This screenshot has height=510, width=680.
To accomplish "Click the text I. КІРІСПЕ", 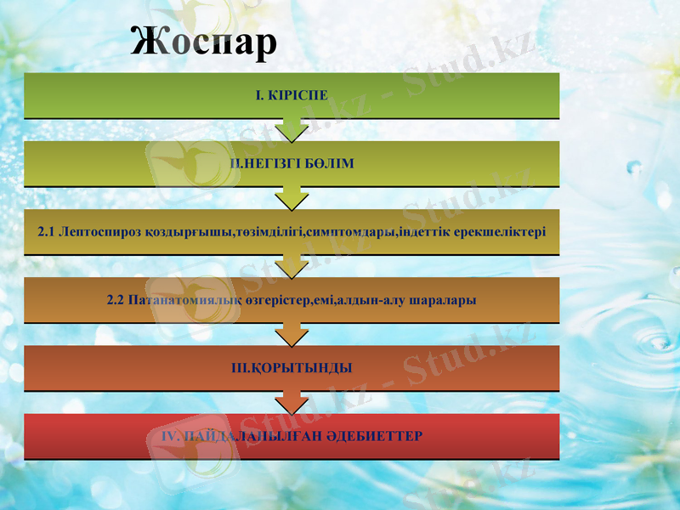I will [x=292, y=95].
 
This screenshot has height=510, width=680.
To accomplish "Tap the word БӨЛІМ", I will [x=331, y=163].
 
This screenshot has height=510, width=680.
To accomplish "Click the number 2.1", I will [x=48, y=231].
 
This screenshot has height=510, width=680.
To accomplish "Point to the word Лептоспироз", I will [x=97, y=231].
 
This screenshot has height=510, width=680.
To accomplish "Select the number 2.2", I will [x=116, y=300].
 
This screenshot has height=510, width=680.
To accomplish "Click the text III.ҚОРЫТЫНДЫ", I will [x=292, y=368].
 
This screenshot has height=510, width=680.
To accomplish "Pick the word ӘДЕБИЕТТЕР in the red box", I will [x=375, y=436].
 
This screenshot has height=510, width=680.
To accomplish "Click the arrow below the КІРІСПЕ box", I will [x=292, y=129].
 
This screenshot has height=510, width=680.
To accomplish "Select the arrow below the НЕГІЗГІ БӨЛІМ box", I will [x=292, y=197].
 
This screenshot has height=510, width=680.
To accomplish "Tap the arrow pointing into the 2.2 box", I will [x=292, y=266].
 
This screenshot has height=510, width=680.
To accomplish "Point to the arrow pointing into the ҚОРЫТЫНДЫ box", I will [x=292, y=334].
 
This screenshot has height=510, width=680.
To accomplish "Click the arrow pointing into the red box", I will [x=292, y=402].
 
